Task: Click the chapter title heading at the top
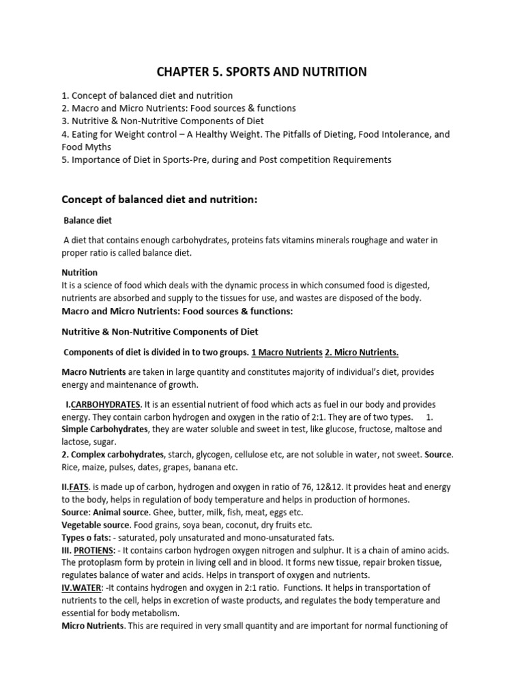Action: click(x=262, y=72)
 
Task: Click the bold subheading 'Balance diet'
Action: click(x=88, y=221)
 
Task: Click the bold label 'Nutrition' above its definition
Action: click(x=80, y=273)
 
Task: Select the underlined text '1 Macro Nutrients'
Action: click(x=287, y=352)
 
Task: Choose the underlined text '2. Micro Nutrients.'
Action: click(x=363, y=352)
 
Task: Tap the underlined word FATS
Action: click(x=79, y=487)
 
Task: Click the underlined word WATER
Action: click(x=87, y=587)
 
